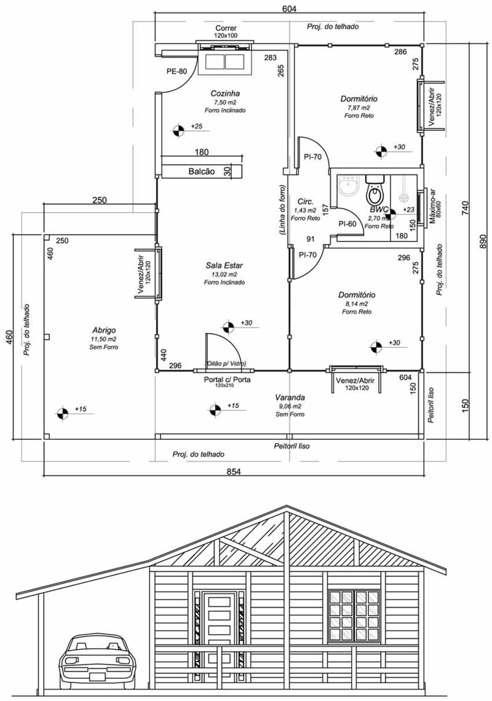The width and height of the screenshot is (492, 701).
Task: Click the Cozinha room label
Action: (225, 93)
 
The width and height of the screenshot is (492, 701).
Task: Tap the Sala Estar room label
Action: (224, 265)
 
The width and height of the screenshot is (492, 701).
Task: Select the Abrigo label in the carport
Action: (104, 331)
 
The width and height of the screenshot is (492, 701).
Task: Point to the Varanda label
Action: (290, 397)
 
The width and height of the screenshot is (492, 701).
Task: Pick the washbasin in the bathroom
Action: (349, 186)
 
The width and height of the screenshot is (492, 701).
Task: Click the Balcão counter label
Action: (202, 171)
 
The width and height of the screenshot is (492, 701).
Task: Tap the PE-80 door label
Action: (177, 71)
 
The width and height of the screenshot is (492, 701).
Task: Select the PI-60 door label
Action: (347, 224)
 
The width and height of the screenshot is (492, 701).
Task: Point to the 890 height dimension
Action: (482, 242)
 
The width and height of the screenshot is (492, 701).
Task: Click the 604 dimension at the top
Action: (290, 9)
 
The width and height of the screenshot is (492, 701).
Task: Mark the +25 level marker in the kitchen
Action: (178, 130)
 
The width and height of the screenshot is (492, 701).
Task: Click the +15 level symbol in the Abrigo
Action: (63, 413)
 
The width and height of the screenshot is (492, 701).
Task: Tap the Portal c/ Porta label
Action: (227, 380)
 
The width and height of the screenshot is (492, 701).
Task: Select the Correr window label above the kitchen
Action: (226, 28)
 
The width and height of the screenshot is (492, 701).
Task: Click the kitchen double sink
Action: (225, 61)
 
